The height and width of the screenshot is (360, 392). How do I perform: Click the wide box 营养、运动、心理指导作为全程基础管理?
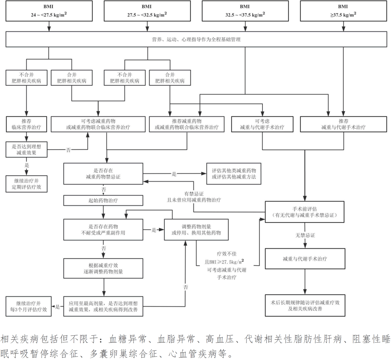(x=196, y=39)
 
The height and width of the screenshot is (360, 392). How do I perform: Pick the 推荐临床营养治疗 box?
(x=26, y=124)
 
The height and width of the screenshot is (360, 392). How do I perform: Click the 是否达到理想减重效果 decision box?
(x=26, y=149)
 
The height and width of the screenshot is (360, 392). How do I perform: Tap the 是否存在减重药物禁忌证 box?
(x=103, y=174)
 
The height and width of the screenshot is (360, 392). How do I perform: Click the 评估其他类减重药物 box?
(x=233, y=174)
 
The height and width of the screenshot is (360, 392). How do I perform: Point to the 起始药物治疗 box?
(x=103, y=200)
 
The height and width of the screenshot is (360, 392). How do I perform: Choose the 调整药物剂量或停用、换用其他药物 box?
(x=196, y=229)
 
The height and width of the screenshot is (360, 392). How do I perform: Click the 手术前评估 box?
(x=305, y=212)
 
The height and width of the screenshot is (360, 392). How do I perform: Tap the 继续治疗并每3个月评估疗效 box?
(x=26, y=306)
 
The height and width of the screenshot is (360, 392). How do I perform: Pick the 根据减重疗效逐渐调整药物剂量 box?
(x=103, y=268)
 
